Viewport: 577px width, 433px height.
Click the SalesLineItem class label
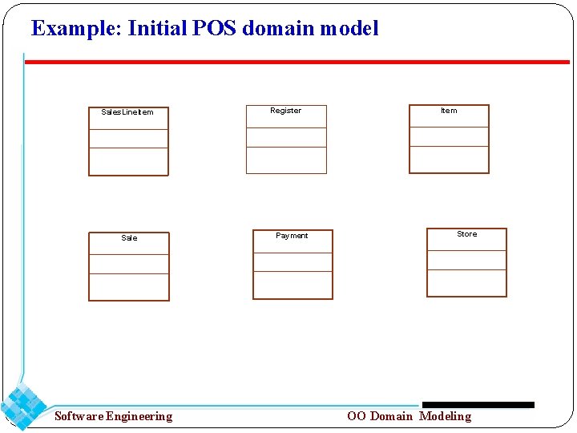coord(127,112)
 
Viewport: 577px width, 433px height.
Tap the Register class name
coord(285,111)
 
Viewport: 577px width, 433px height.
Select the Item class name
coord(449,111)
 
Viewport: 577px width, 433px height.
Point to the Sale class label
coord(129,238)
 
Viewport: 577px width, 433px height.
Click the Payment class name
coord(292,236)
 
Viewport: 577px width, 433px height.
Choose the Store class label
coord(466,234)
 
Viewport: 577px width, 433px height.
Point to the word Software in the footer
coord(79,416)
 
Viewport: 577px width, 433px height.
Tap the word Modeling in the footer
coord(445,416)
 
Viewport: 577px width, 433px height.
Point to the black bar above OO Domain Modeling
coord(478,405)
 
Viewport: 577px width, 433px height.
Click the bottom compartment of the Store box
coord(466,283)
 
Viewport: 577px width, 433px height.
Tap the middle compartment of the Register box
coord(286,137)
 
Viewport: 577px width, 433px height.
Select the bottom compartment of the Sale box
coord(129,287)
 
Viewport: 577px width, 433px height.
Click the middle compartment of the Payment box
coord(293,262)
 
